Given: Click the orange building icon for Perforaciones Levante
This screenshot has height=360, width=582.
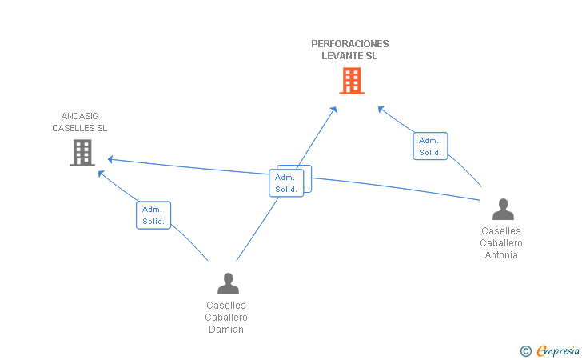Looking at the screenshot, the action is point(352,81).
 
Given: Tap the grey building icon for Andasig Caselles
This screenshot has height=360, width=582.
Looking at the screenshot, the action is point(82,153).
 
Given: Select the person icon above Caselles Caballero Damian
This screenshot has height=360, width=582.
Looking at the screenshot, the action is point(228,283).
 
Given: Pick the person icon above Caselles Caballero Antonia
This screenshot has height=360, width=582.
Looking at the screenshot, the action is point(503,209).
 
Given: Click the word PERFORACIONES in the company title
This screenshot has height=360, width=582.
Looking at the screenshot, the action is point(349,44).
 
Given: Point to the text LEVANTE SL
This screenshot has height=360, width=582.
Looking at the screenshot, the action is point(349,56).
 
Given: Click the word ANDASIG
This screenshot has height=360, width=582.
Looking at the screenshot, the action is point(80,116).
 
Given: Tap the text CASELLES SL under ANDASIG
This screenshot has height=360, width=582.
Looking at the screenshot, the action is point(79,128).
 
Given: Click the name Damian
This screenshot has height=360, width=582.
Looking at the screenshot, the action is point(226,330).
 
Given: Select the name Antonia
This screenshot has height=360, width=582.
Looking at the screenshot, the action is point(501,255).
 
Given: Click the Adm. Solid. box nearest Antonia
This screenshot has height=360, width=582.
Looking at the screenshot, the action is point(431,146).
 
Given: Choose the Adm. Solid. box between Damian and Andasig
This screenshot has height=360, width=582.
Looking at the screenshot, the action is point(153,215).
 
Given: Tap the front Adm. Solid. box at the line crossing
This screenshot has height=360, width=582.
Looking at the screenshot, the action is point(286,182).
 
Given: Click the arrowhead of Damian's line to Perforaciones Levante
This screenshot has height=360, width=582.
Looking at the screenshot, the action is point(333,110).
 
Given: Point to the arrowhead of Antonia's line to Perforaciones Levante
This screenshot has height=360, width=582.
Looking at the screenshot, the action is point(381,109).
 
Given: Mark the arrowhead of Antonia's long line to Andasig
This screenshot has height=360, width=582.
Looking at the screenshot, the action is point(110,159).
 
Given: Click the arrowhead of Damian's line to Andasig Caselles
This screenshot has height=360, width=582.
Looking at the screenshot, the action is point(101,173).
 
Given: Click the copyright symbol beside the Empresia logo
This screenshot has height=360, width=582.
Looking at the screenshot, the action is point(525,350).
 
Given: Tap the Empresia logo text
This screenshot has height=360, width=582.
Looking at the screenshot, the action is point(558,350).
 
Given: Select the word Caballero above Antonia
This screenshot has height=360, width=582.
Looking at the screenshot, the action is point(501,243).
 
